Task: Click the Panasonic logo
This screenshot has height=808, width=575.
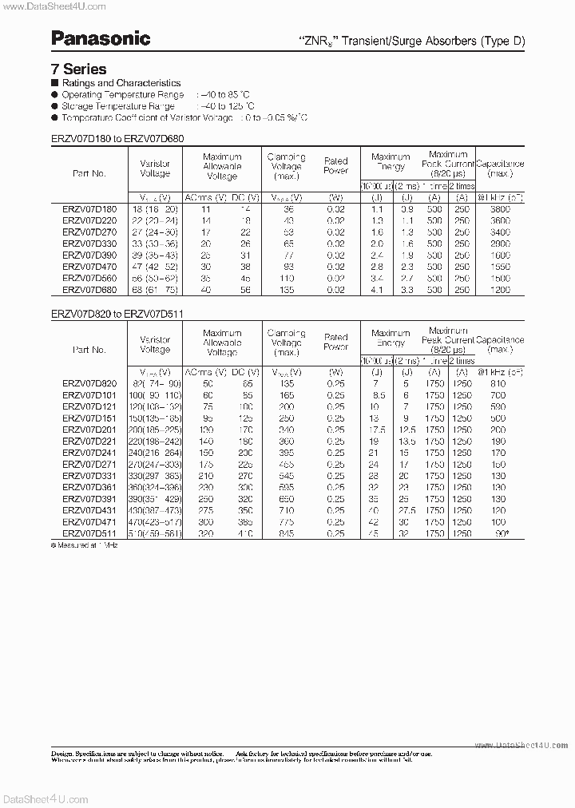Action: click(x=101, y=38)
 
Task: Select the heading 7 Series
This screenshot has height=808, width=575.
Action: click(x=78, y=69)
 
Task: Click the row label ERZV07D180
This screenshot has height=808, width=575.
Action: click(x=89, y=208)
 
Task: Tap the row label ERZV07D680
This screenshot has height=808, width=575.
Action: click(x=89, y=290)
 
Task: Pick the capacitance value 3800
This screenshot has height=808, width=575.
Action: click(x=499, y=208)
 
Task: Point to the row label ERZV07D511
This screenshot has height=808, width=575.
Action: click(x=89, y=533)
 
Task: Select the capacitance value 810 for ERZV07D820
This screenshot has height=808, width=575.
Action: click(x=499, y=384)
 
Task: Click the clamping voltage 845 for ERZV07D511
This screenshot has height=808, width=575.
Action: click(x=286, y=533)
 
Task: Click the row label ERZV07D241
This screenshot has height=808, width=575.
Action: click(x=89, y=453)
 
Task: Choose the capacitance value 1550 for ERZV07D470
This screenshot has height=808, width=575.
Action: click(x=499, y=267)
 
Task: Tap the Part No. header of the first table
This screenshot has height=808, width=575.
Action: click(x=89, y=173)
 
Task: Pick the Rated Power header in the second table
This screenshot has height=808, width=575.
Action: click(x=336, y=342)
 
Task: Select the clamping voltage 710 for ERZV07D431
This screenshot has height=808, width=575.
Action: click(x=286, y=510)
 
